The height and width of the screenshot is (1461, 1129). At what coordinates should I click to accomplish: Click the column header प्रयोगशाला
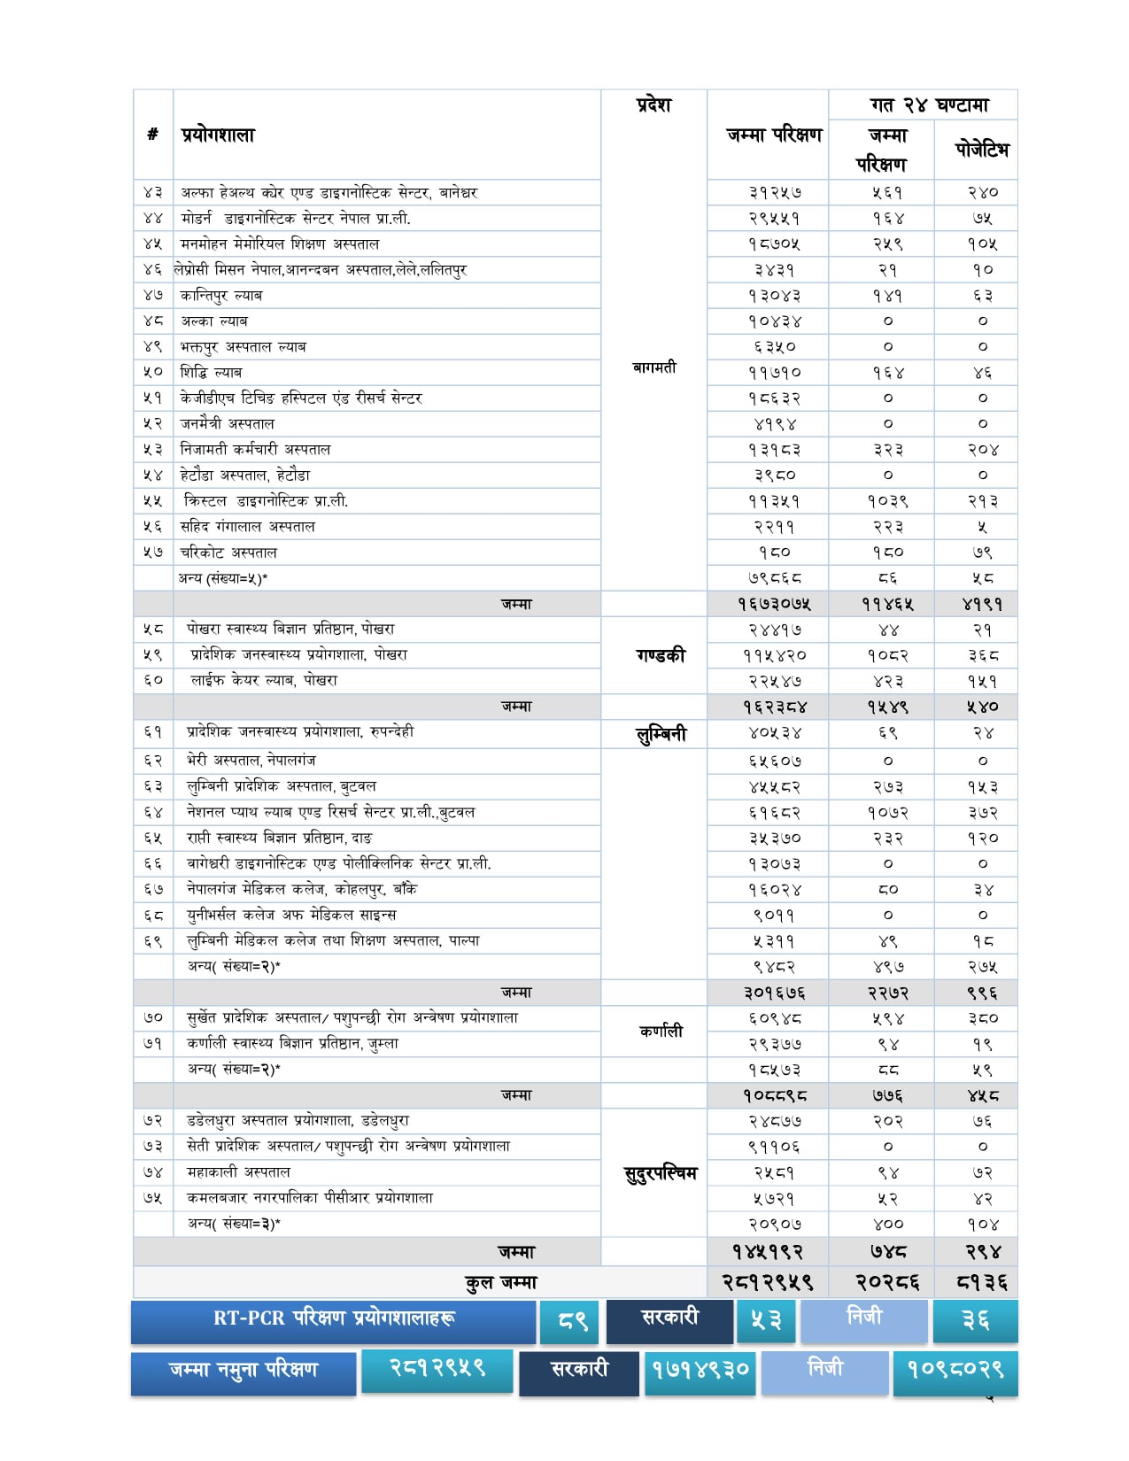tap(218, 135)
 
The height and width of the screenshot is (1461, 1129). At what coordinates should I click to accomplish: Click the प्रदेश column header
tap(653, 105)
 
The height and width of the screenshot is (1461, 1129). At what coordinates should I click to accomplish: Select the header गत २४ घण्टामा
tap(929, 105)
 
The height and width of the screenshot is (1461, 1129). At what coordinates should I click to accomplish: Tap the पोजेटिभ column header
tap(981, 150)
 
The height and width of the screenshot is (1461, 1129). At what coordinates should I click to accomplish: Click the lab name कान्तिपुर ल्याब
tap(221, 296)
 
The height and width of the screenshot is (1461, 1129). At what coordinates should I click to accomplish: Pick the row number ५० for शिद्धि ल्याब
tap(153, 373)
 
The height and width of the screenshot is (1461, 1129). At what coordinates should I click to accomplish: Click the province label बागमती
tap(654, 367)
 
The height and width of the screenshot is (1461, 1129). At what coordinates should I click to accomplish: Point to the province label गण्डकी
tap(661, 656)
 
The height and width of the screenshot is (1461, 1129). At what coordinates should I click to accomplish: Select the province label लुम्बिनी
tap(661, 734)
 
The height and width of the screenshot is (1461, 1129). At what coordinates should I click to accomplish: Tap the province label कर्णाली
tap(661, 1032)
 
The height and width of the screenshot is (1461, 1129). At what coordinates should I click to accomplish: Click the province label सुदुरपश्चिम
tap(661, 1174)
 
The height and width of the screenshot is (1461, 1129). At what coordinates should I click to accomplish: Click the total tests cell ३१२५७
tap(774, 193)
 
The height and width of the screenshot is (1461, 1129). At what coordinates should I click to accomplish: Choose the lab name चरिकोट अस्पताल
tap(228, 553)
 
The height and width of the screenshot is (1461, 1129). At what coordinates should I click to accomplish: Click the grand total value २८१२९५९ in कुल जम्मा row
tap(767, 1283)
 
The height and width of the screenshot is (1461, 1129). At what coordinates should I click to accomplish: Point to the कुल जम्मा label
tap(501, 1283)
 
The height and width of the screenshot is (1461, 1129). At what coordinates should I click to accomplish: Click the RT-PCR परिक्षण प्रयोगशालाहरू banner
tap(334, 1319)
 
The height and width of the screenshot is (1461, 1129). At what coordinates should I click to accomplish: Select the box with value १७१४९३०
tap(700, 1371)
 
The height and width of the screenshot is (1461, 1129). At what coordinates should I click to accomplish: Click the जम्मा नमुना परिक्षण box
tap(244, 1371)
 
